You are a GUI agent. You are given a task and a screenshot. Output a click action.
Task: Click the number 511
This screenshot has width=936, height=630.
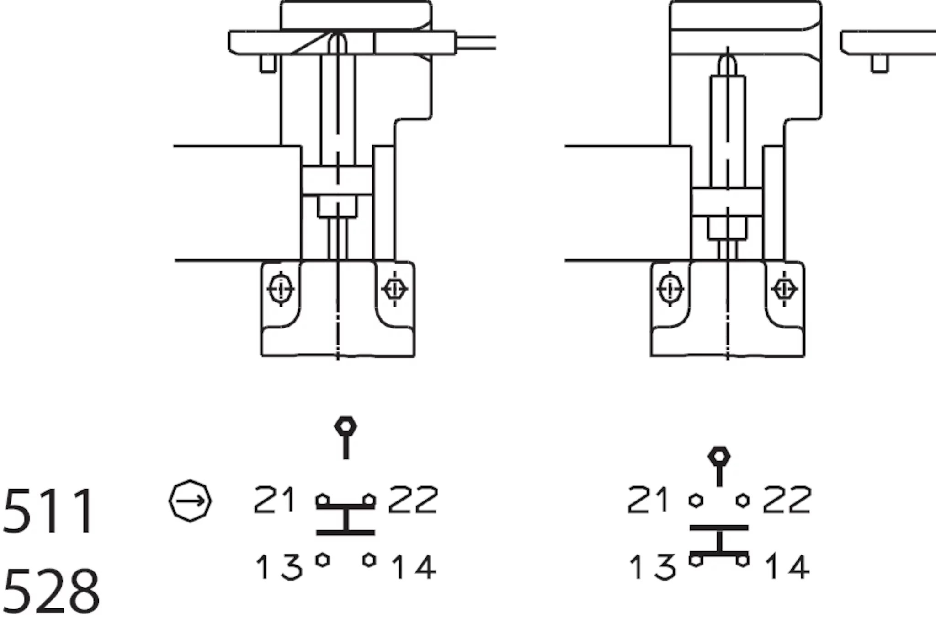pyautogui.click(x=49, y=511)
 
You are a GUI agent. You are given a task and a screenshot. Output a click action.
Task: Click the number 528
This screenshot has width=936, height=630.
pyautogui.click(x=51, y=591)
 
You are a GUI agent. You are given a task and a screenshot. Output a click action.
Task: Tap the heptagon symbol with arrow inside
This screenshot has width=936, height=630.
pyautogui.click(x=190, y=501)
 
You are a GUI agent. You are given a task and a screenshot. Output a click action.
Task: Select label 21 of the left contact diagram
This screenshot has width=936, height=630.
pyautogui.click(x=274, y=500)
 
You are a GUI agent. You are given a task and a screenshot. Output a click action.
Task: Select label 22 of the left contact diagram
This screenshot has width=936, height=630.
pyautogui.click(x=413, y=500)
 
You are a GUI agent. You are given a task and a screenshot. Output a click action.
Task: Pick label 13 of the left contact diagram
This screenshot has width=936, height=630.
pyautogui.click(x=279, y=567)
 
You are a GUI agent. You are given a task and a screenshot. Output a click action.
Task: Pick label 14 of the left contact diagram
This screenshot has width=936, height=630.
pyautogui.click(x=414, y=567)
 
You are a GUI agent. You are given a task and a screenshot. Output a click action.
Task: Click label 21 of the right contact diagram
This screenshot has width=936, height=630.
pyautogui.click(x=648, y=500)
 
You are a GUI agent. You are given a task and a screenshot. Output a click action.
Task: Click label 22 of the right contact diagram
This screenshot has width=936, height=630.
pyautogui.click(x=787, y=500)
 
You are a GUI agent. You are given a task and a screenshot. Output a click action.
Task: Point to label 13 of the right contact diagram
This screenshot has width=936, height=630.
pyautogui.click(x=653, y=567)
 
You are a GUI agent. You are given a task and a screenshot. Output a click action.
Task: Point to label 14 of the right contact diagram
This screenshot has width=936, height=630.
pyautogui.click(x=787, y=567)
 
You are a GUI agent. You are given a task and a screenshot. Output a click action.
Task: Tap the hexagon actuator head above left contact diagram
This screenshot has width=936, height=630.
pyautogui.click(x=346, y=426)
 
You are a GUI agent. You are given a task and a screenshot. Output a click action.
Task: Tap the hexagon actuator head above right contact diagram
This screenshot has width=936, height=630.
pyautogui.click(x=719, y=457)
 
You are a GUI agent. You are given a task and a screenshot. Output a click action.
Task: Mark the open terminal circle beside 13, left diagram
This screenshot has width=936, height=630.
pyautogui.click(x=322, y=560)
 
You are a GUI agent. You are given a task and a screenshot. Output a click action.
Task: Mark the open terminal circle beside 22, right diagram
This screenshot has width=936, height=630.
pyautogui.click(x=743, y=501)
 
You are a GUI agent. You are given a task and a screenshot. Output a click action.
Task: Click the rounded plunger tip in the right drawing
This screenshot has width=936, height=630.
pyautogui.click(x=727, y=64)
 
